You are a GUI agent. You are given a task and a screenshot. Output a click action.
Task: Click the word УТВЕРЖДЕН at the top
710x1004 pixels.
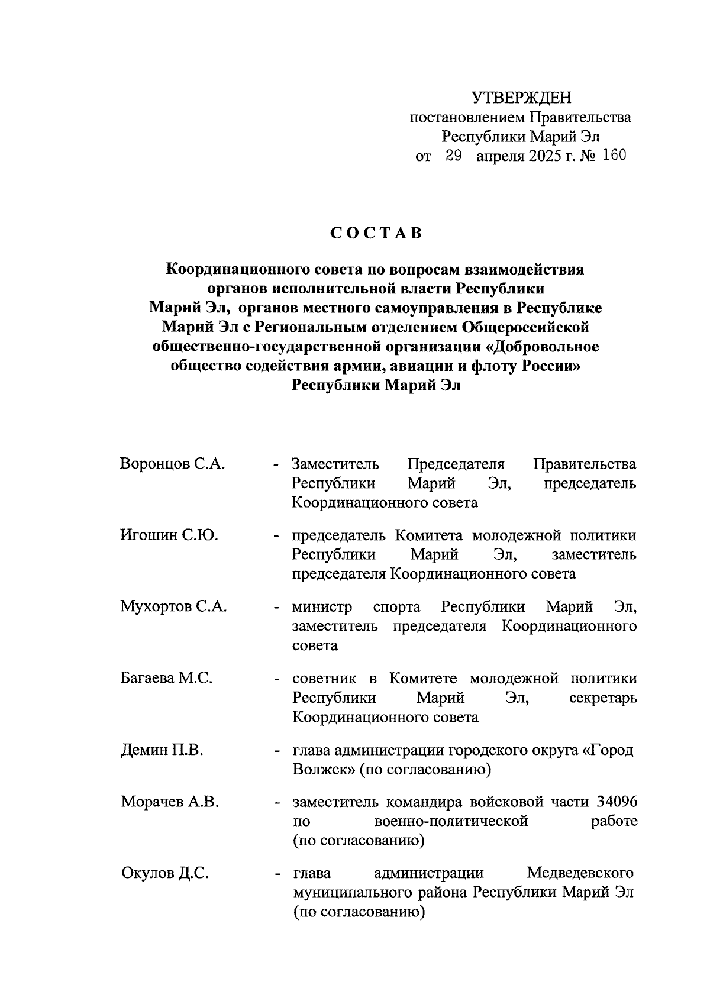521,98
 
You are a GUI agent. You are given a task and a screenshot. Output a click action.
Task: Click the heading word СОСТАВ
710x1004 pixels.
376,233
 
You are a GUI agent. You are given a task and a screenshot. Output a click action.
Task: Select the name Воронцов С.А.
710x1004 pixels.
172,464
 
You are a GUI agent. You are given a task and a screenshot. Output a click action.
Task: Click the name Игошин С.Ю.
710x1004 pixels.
169,535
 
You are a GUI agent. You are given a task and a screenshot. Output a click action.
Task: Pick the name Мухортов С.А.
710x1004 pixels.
173,607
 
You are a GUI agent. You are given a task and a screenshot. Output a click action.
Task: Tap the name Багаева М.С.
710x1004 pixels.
166,679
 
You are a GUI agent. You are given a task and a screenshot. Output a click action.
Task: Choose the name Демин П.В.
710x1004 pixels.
162,751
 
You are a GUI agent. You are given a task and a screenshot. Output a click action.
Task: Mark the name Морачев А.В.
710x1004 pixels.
170,802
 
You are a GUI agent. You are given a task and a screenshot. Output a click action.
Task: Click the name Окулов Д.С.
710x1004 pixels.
164,873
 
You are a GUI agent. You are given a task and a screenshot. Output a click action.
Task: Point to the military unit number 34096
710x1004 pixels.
617,802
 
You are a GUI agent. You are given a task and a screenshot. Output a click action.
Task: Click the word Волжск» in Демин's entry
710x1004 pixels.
325,770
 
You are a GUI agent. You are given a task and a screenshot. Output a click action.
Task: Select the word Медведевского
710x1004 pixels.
580,873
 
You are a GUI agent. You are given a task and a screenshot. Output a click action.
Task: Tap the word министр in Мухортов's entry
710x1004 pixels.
322,607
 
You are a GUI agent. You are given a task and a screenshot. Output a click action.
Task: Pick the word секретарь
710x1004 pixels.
603,698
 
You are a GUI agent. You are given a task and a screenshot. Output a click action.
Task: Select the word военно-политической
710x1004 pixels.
451,822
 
